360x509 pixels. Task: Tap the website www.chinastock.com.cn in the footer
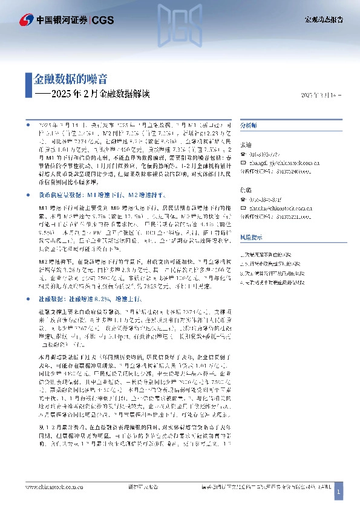49,486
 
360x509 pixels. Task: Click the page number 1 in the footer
339,493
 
